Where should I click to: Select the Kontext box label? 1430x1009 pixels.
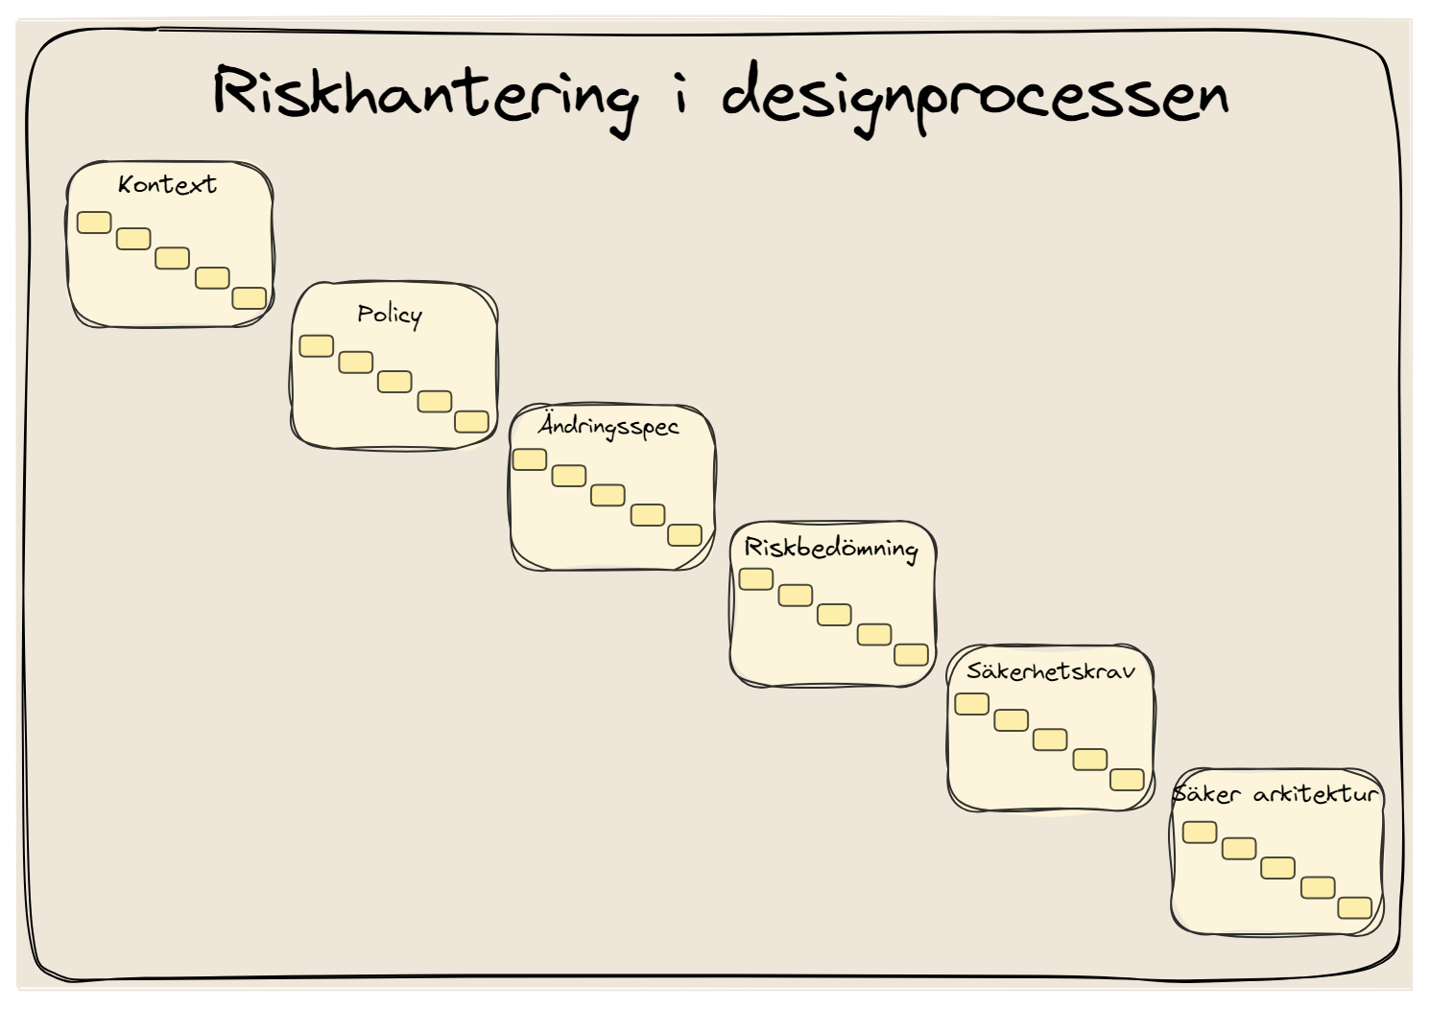167,184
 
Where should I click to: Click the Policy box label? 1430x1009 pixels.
390,316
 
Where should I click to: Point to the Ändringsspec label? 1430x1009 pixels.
608,426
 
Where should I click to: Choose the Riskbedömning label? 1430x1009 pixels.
831,550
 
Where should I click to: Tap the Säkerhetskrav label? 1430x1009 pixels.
1051,671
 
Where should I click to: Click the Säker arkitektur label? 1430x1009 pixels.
1275,794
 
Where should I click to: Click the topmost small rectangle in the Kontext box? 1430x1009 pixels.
94,223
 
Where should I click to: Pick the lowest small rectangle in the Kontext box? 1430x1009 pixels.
249,298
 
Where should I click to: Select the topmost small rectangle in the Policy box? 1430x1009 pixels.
317,346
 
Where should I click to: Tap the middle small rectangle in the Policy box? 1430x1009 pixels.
394,382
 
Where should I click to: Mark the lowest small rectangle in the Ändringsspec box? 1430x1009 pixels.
685,535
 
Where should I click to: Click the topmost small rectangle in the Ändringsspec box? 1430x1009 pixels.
530,459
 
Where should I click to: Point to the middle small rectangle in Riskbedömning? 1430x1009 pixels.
834,615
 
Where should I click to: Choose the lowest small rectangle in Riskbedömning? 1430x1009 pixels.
911,655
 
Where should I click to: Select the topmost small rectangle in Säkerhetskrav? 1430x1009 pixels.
971,704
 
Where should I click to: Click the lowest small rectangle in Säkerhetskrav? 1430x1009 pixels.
1127,780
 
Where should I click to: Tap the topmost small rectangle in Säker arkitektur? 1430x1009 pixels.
1200,833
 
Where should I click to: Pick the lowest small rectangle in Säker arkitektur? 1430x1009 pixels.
1355,907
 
